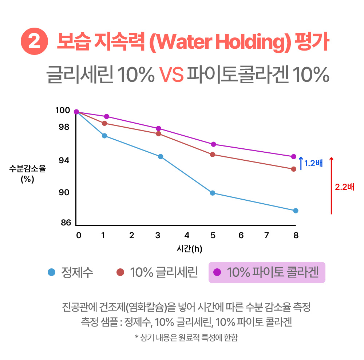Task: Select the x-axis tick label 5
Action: click(x=213, y=235)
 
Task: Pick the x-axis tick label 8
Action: click(x=296, y=235)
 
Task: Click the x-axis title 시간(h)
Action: click(x=189, y=249)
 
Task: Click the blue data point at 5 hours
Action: click(x=212, y=193)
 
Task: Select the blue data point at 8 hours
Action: click(x=296, y=211)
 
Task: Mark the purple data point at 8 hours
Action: click(x=294, y=157)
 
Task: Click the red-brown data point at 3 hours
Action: click(x=158, y=133)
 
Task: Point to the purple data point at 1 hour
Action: click(x=106, y=116)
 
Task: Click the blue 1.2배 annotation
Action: click(x=313, y=163)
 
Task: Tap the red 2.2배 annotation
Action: click(x=344, y=187)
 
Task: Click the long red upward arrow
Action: click(x=331, y=185)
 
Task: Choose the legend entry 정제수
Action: click(x=71, y=272)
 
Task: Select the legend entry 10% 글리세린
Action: click(x=157, y=272)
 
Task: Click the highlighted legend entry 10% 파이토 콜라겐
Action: click(x=266, y=272)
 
